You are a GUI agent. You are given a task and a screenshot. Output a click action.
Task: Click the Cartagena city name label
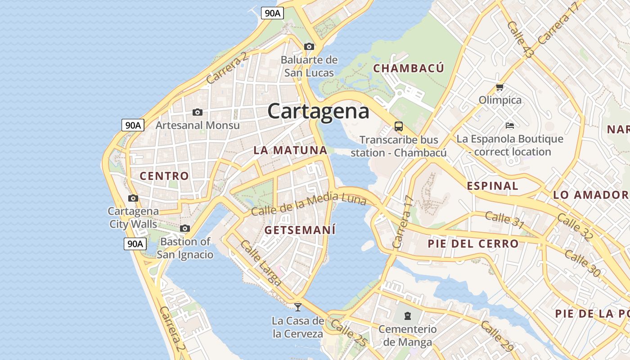tap(318, 111)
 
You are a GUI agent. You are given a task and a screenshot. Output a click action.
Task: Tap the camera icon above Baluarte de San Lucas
tap(309, 46)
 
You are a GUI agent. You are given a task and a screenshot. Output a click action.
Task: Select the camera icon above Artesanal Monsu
tap(197, 112)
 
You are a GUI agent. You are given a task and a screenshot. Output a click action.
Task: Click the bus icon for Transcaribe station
tap(399, 126)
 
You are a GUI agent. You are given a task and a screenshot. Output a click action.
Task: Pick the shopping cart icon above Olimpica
tap(499, 87)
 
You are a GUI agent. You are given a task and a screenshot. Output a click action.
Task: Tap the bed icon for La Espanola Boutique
tap(509, 125)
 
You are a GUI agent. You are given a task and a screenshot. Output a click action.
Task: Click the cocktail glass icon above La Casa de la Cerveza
tap(297, 307)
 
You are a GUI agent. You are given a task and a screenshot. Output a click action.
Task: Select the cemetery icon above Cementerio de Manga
tap(408, 315)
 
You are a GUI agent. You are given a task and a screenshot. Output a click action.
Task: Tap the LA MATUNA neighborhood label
tap(290, 150)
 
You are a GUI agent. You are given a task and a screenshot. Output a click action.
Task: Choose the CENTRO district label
tap(164, 176)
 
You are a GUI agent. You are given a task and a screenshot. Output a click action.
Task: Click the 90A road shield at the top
tap(272, 13)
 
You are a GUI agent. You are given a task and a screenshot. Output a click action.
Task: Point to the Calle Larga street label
tap(261, 263)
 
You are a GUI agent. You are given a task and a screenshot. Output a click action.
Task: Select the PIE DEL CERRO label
tap(473, 244)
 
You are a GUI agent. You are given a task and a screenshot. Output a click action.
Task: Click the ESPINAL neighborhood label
tap(492, 186)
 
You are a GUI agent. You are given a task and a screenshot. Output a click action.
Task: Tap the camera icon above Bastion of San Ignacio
tap(185, 229)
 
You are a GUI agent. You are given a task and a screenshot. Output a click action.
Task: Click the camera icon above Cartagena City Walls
tap(133, 198)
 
